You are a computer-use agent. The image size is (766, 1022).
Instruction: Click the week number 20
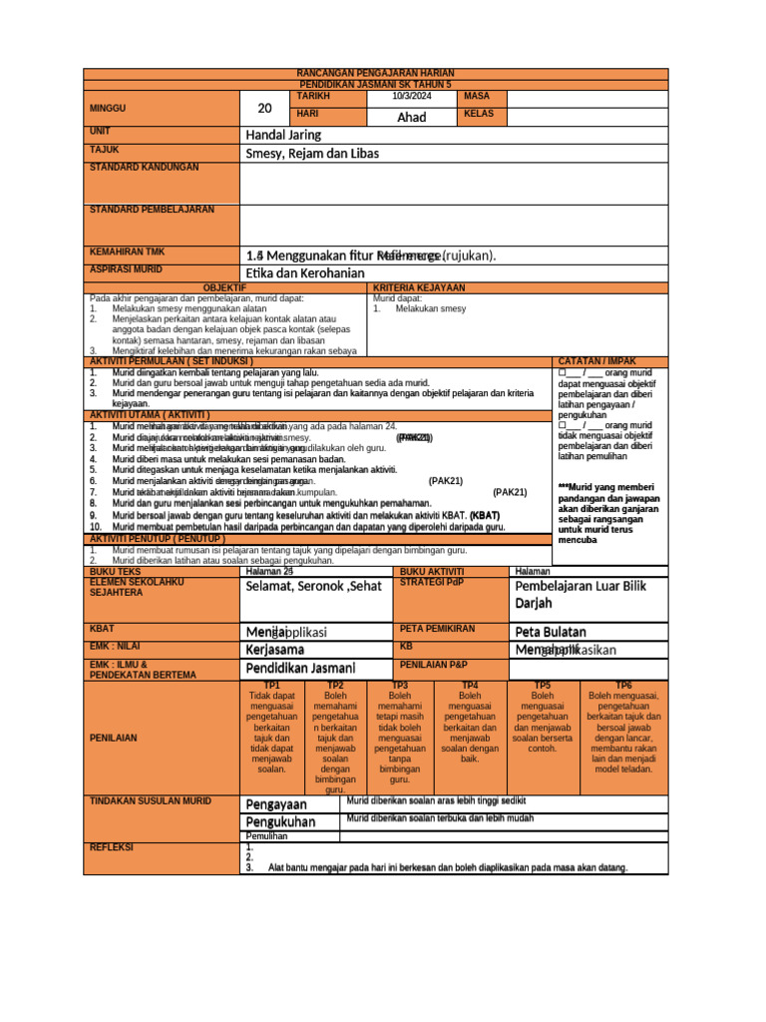263,108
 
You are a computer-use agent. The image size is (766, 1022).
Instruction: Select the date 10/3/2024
412,97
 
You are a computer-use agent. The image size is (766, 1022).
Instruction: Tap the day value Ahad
412,117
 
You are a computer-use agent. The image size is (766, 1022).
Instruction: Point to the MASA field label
478,97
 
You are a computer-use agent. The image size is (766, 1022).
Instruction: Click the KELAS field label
480,115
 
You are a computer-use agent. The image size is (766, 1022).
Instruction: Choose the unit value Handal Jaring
283,135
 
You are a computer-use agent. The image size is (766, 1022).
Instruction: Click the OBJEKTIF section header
224,287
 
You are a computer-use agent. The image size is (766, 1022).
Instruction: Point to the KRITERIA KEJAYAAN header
419,287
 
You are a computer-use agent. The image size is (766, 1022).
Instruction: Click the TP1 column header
271,686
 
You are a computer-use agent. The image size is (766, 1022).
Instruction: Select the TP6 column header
622,686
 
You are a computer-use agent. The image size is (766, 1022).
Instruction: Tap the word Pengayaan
276,803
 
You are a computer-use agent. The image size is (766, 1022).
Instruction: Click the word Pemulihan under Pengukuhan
266,836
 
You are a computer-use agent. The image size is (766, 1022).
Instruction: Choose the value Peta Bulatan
551,632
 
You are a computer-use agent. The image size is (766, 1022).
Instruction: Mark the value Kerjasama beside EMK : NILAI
276,650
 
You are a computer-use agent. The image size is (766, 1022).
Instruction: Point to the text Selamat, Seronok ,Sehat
313,586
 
